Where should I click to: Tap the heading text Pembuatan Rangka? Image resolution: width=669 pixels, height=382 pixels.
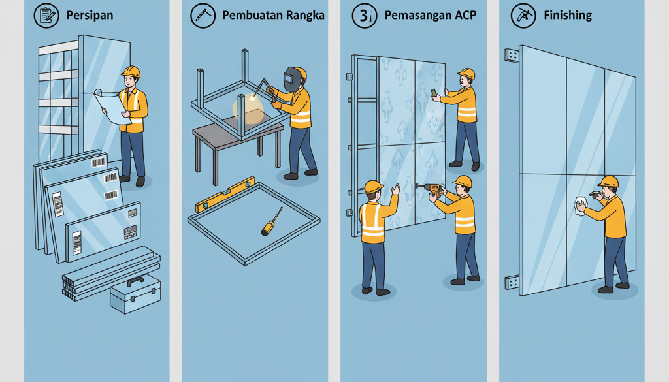pos(273,15)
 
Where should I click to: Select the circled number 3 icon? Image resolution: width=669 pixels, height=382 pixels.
pos(364,16)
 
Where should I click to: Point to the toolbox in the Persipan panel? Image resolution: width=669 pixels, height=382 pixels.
pos(135,294)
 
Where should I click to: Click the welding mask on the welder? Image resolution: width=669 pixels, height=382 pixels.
pos(291,80)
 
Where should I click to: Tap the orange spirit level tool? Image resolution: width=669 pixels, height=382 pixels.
pos(225,194)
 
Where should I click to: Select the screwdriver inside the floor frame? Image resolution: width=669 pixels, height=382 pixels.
pos(270,222)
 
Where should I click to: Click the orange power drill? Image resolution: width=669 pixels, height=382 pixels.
pos(432,188)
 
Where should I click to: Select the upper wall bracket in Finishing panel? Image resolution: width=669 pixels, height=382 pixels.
pos(512,56)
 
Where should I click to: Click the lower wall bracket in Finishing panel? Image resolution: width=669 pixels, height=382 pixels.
pos(512,282)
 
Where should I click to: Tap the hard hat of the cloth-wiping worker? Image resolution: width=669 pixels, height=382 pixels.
pos(608,181)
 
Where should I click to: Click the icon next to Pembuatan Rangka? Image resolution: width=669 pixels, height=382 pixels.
pos(203,15)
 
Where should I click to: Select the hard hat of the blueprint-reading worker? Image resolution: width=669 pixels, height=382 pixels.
pos(131,71)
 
